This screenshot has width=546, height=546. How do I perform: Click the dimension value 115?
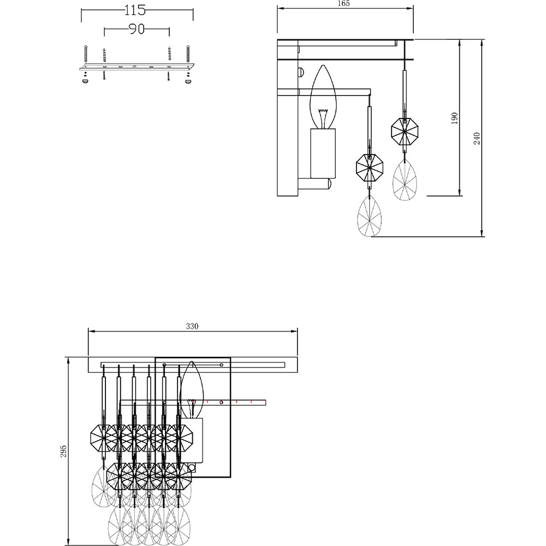click(135, 10)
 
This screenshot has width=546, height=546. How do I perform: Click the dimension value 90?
click(136, 29)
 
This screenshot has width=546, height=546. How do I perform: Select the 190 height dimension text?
click(454, 118)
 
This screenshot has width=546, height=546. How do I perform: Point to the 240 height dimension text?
click(477, 139)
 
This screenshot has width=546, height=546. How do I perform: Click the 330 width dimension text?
click(192, 327)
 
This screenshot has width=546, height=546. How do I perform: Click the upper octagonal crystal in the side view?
click(404, 132)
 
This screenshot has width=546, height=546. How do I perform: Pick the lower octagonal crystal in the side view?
click(370, 168)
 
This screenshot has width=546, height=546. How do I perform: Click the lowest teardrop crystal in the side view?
click(370, 216)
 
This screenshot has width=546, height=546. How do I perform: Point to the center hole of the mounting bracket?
click(135, 66)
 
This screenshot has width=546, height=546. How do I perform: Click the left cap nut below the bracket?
click(85, 81)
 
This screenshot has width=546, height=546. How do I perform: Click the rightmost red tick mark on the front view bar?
click(266, 402)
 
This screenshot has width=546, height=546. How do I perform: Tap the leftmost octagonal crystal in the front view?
click(103, 438)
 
